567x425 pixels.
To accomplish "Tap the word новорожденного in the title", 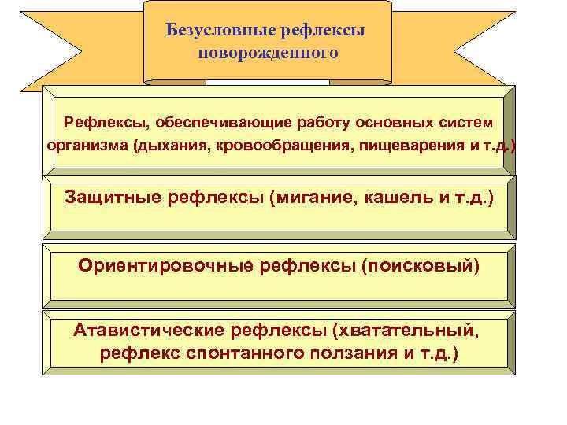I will tap(268, 54).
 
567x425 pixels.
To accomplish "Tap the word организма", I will tap(87, 146).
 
